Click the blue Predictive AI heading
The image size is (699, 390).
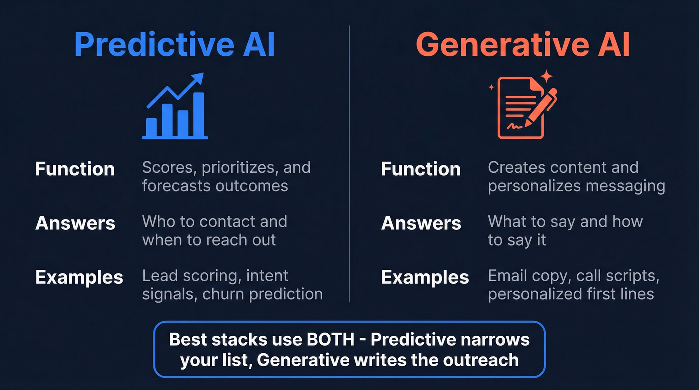pyautogui.click(x=174, y=44)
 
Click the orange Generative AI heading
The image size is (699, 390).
pyautogui.click(x=523, y=44)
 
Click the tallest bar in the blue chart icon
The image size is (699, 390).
pyautogui.click(x=198, y=114)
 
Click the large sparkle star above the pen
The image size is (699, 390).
pyautogui.click(x=547, y=77)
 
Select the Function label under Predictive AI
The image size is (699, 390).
pyautogui.click(x=75, y=169)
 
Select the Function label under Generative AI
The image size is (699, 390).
pyautogui.click(x=421, y=169)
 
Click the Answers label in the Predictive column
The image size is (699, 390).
pyautogui.click(x=75, y=223)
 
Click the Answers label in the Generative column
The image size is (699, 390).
pyautogui.click(x=421, y=223)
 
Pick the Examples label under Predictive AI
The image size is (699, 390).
pyautogui.click(x=79, y=277)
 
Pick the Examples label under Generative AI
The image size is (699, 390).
pyautogui.click(x=425, y=277)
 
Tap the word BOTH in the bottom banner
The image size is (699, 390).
pyautogui.click(x=329, y=339)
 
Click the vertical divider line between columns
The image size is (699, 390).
pyautogui.click(x=349, y=165)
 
